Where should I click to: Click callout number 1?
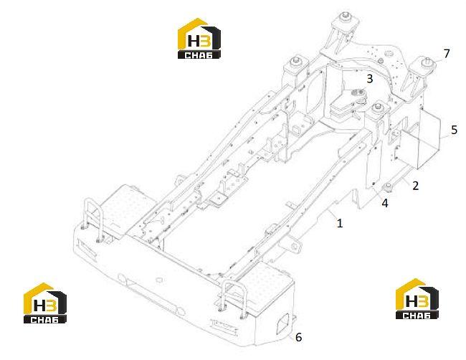(340, 222)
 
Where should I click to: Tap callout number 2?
(416, 186)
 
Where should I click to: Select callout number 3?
(369, 79)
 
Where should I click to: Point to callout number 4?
(385, 203)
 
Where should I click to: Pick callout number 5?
(454, 130)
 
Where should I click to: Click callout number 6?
(298, 337)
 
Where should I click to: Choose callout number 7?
(447, 54)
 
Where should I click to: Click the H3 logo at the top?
(199, 38)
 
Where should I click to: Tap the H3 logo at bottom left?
(45, 303)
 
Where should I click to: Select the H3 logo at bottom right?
(417, 299)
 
